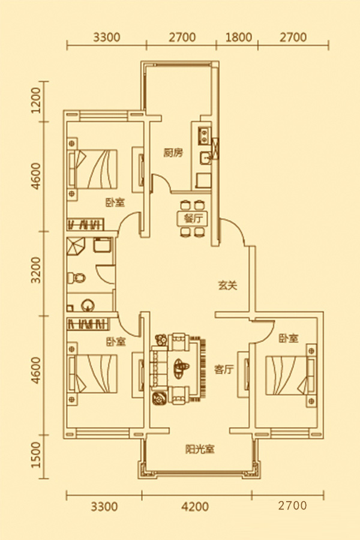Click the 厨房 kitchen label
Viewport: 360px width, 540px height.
click(x=172, y=153)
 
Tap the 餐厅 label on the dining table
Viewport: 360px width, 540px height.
click(x=186, y=218)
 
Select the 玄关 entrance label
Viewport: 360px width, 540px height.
click(x=227, y=286)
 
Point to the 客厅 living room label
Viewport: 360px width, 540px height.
click(x=223, y=370)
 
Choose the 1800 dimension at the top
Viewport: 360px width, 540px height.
click(x=238, y=37)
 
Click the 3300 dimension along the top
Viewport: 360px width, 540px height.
click(x=107, y=37)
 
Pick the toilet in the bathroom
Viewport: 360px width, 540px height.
click(x=77, y=278)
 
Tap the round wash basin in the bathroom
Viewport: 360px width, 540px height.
click(x=88, y=304)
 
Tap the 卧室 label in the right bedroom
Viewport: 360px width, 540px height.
click(x=288, y=339)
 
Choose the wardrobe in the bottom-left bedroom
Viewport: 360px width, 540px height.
click(x=89, y=324)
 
